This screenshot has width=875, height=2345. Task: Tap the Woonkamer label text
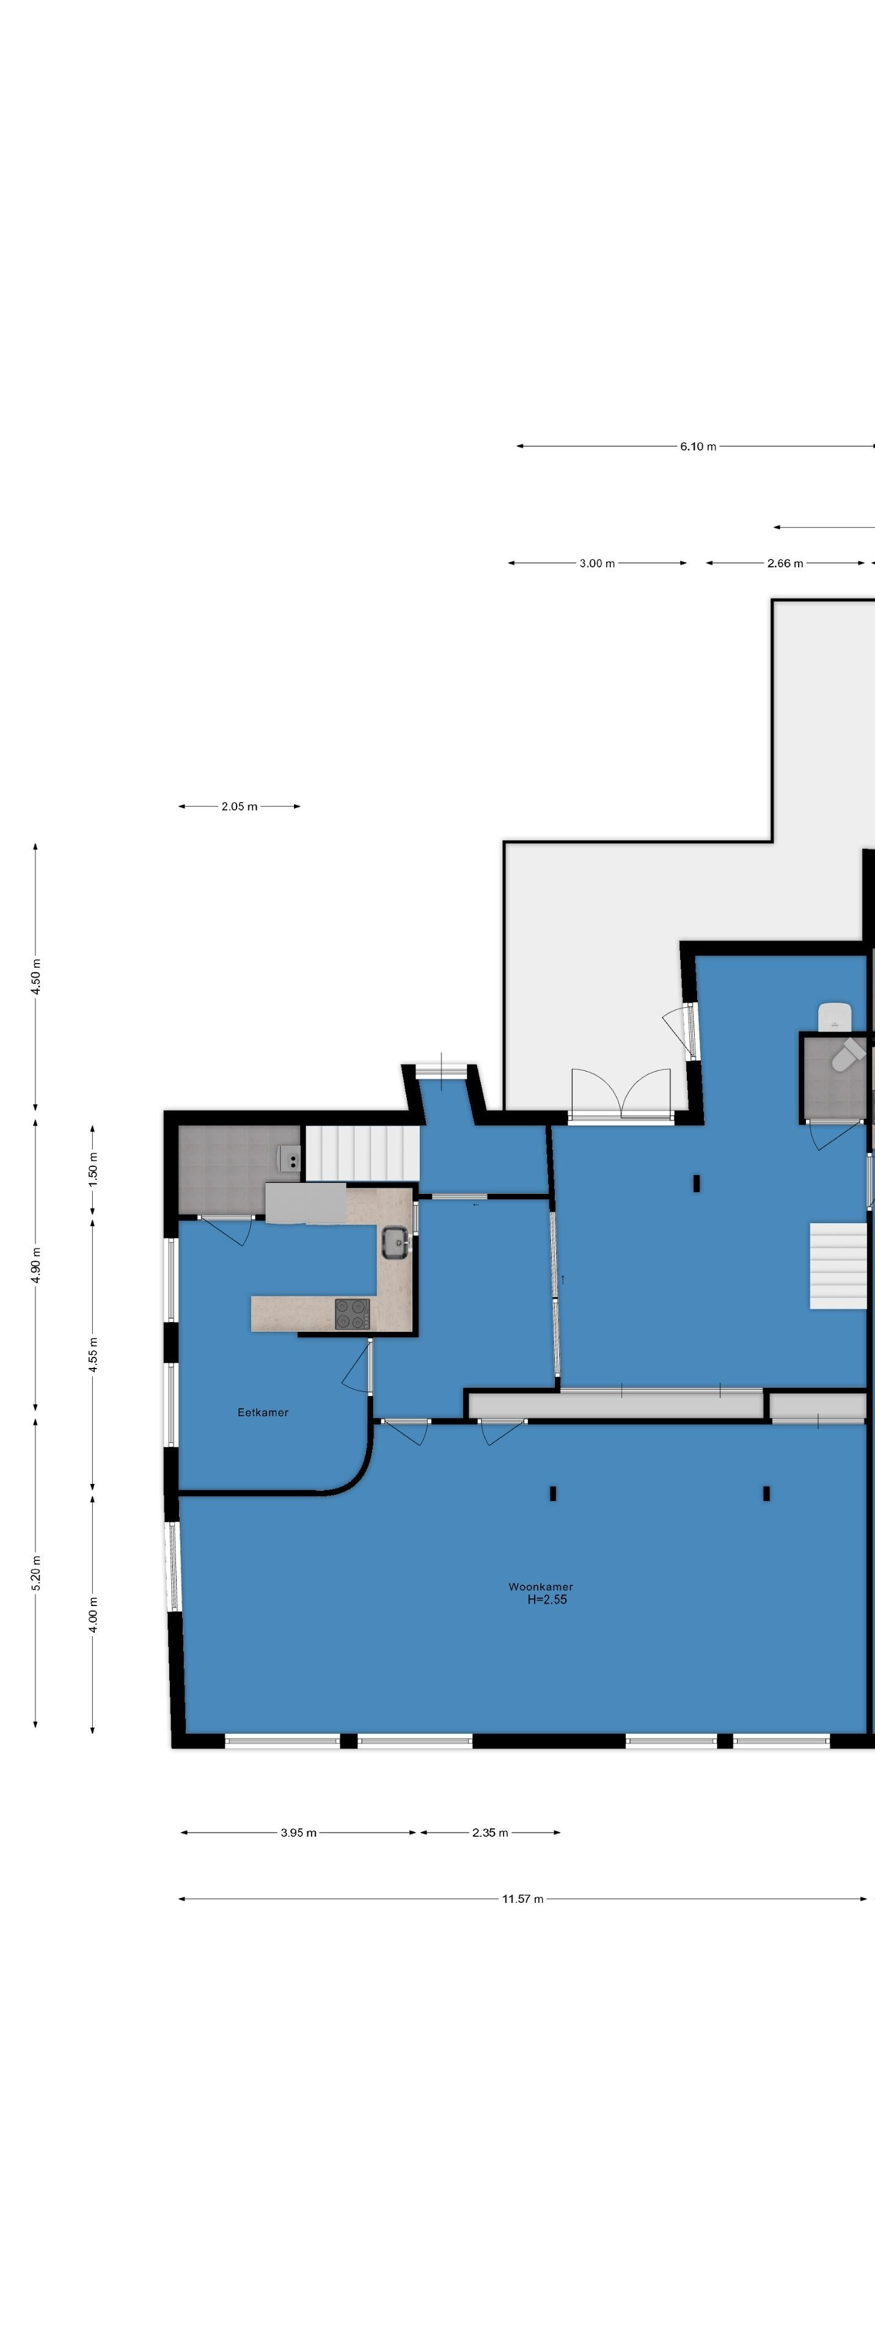pos(541,1587)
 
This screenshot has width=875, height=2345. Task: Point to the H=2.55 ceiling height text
pos(547,1599)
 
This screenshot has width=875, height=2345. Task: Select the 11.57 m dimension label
pos(522,1899)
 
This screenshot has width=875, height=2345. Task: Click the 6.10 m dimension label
pos(697,446)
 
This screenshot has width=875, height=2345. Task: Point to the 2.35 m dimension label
pos(490,1833)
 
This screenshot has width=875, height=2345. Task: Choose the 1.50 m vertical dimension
pos(93,1169)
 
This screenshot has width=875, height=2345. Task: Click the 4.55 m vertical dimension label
pos(93,1354)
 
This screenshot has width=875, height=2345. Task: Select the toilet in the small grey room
pos(847,1054)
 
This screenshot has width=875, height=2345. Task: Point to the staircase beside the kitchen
pos(362,1154)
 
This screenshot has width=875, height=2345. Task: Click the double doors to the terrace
pos(621,1093)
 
